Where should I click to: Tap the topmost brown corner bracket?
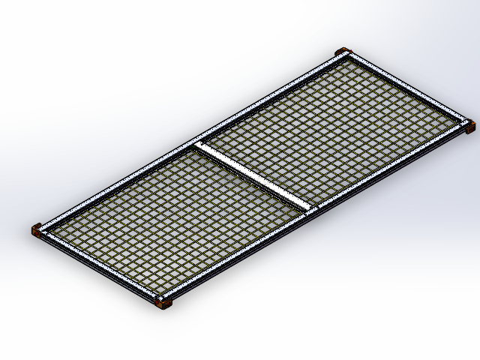tap(342, 52)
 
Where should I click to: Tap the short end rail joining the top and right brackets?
tap(406, 88)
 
